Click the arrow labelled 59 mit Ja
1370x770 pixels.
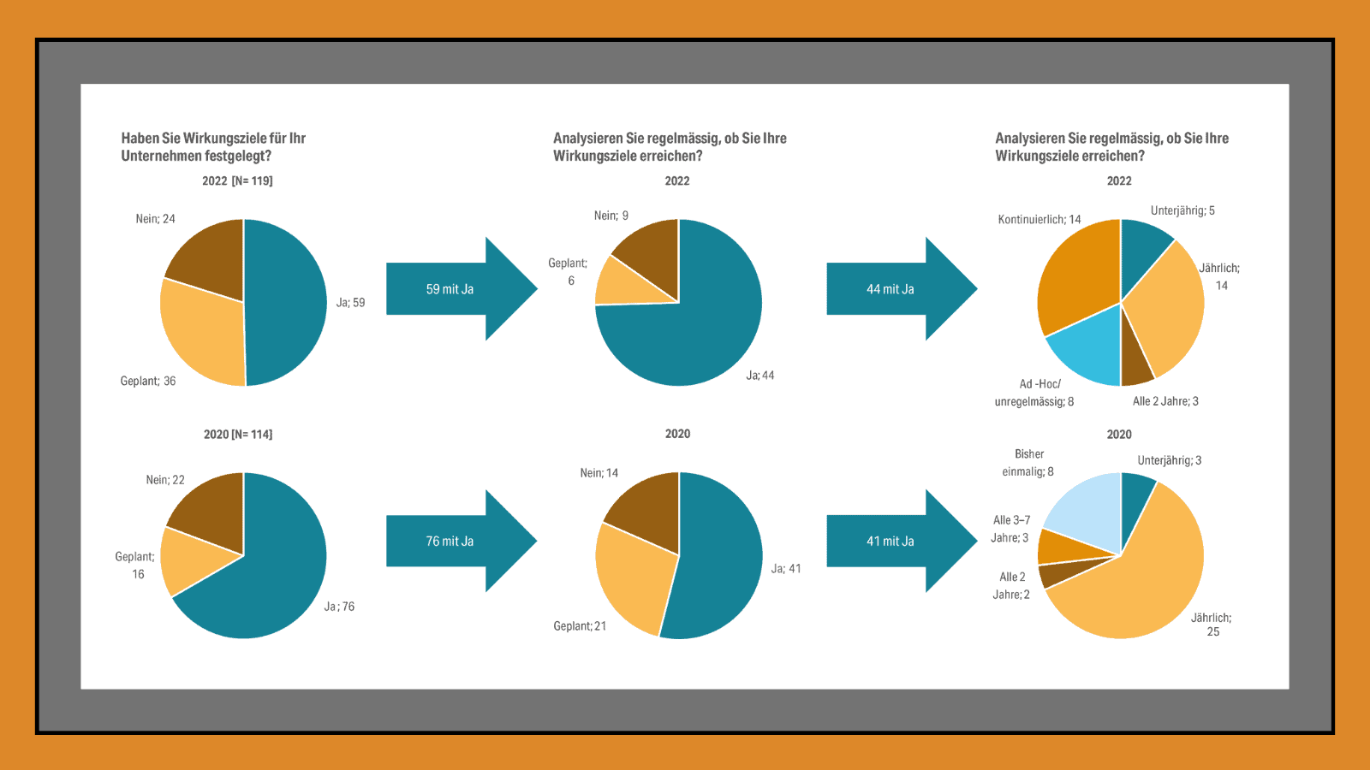point(450,289)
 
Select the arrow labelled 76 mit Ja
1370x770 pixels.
point(450,542)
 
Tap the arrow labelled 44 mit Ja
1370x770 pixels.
point(890,289)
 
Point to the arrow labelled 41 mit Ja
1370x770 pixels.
point(890,542)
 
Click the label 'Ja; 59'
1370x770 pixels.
point(350,303)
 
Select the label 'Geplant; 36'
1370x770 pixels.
point(148,382)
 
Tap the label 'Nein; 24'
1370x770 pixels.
point(155,219)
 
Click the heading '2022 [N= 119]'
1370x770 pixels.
point(237,181)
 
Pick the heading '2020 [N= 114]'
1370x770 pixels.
point(238,435)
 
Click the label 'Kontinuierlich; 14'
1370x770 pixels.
point(1039,220)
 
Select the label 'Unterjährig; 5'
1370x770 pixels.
point(1182,211)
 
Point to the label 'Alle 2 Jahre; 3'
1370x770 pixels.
point(1165,401)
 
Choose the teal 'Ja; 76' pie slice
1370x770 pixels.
point(265,590)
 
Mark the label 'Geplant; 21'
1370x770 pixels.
point(580,626)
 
